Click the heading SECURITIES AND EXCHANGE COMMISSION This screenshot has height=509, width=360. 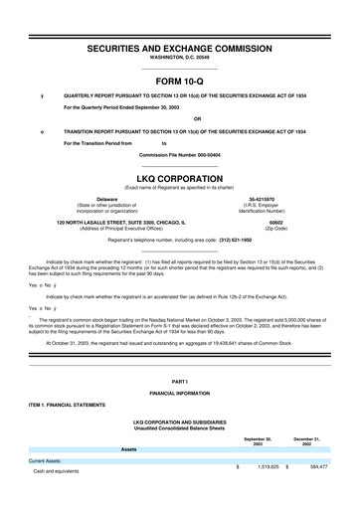point(180,48)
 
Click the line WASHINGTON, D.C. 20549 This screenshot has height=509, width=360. point(180,59)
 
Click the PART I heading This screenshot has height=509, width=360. point(180,382)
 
